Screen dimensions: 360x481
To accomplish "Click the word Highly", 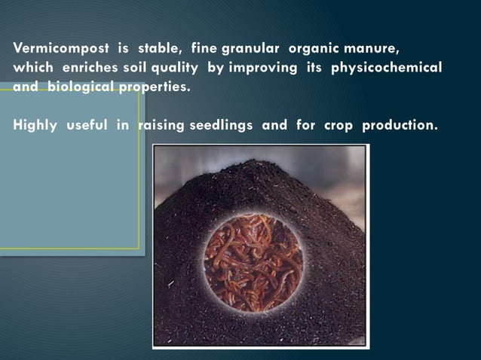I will (35, 125).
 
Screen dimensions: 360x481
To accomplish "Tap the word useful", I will (87, 125).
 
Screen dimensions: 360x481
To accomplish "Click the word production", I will (400, 125).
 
